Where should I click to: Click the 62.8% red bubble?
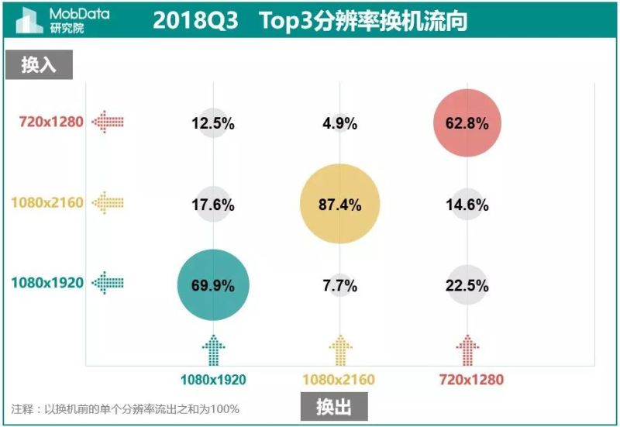(x=468, y=123)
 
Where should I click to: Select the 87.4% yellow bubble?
(x=340, y=205)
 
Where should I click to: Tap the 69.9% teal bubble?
(x=213, y=285)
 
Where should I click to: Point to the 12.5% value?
(x=213, y=123)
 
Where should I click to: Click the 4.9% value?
(x=340, y=123)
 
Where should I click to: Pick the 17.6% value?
(x=213, y=205)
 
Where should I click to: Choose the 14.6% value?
(x=468, y=205)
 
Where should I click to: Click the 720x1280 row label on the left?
(x=52, y=122)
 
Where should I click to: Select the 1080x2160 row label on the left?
(x=46, y=203)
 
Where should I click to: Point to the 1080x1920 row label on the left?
(x=46, y=283)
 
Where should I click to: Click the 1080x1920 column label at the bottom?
(x=213, y=380)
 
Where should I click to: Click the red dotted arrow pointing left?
(x=108, y=122)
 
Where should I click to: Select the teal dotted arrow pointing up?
(x=214, y=350)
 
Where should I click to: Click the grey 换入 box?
(x=39, y=65)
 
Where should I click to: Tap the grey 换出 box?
(x=334, y=407)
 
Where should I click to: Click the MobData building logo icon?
(x=29, y=20)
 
